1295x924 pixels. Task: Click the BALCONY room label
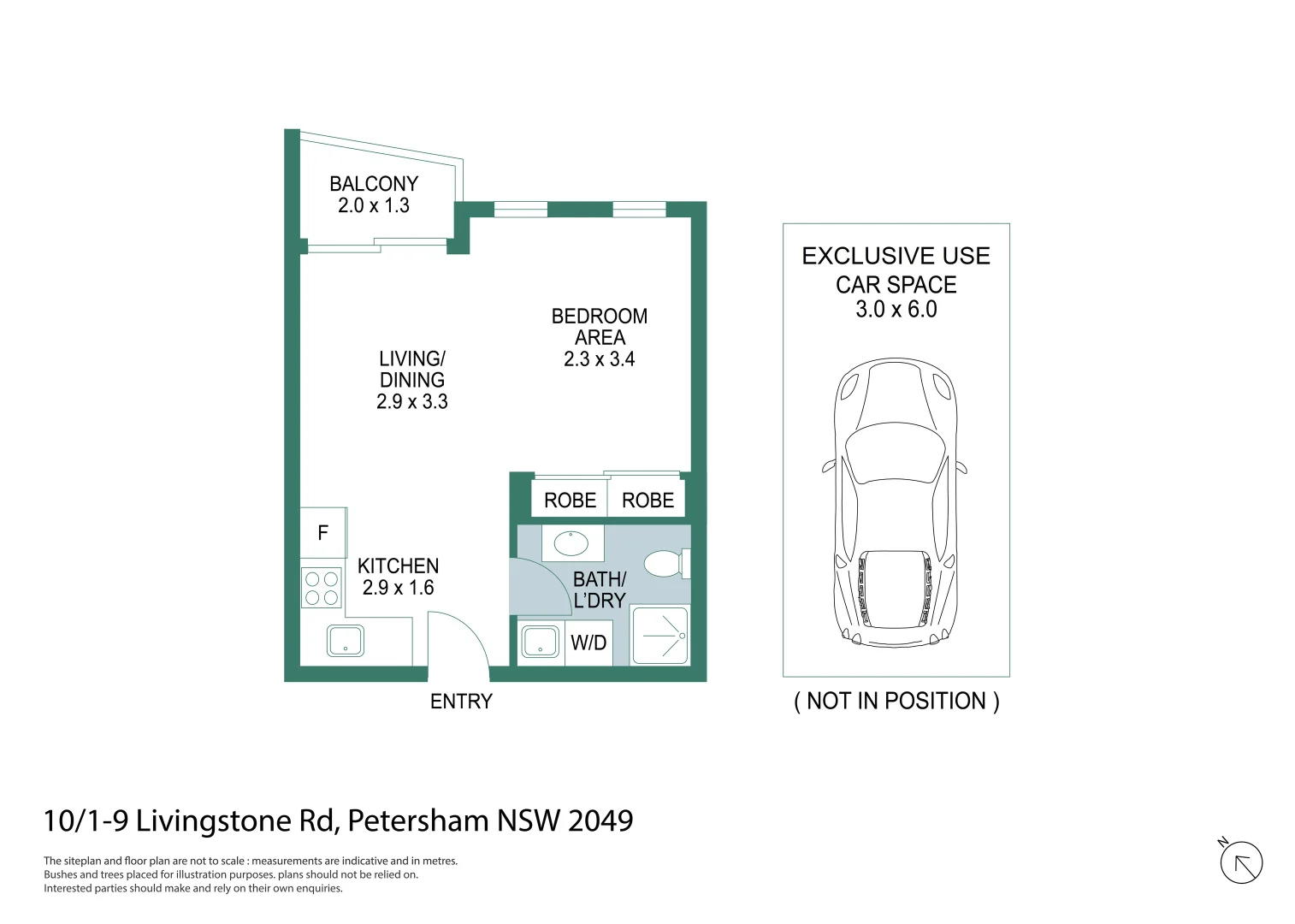374,184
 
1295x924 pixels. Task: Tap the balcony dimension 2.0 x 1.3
374,206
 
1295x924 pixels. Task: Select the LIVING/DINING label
412,370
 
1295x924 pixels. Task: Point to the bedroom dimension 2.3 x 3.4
599,359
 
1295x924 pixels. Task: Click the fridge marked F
323,533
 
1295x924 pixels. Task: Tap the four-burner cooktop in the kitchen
322,589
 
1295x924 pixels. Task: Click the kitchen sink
346,641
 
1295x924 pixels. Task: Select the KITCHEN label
398,566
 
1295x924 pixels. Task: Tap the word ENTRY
461,702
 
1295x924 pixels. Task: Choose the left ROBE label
570,500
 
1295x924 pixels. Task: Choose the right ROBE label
647,500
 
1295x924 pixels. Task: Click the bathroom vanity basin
571,542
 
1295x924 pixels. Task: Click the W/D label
588,643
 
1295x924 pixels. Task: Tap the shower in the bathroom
659,636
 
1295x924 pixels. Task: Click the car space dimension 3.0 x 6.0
896,310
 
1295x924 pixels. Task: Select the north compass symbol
1241,863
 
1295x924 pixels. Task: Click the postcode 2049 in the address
600,821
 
